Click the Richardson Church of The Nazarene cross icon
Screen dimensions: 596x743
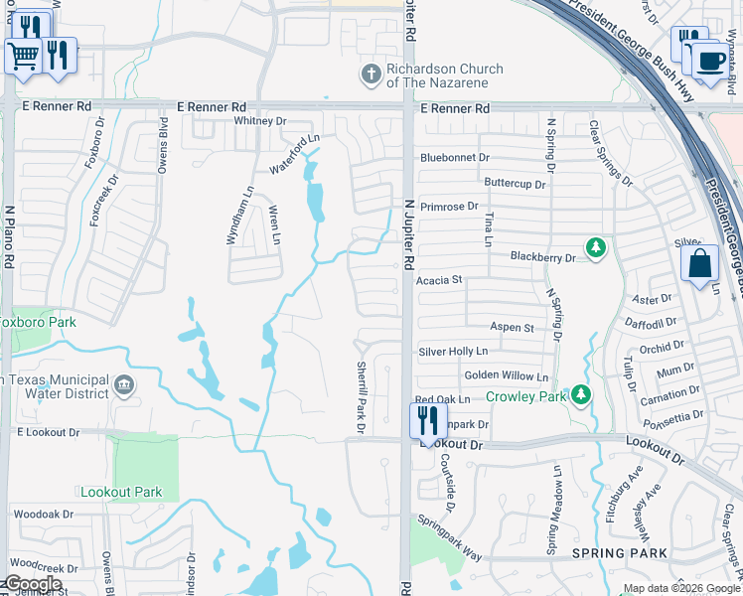tap(371, 74)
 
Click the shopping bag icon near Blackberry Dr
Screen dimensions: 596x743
tap(699, 264)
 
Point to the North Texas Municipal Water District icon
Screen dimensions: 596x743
tap(125, 385)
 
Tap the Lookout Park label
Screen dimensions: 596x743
tap(120, 492)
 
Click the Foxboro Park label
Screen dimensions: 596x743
tap(34, 322)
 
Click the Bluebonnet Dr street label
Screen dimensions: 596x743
tap(455, 157)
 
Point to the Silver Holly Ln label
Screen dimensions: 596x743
tap(453, 352)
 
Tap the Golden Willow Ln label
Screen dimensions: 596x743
tap(506, 376)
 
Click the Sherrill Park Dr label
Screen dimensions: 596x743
tap(362, 397)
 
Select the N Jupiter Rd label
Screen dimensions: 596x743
tap(408, 233)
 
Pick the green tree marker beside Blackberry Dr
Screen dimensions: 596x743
tap(596, 246)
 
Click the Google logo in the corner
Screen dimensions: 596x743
tap(32, 584)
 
